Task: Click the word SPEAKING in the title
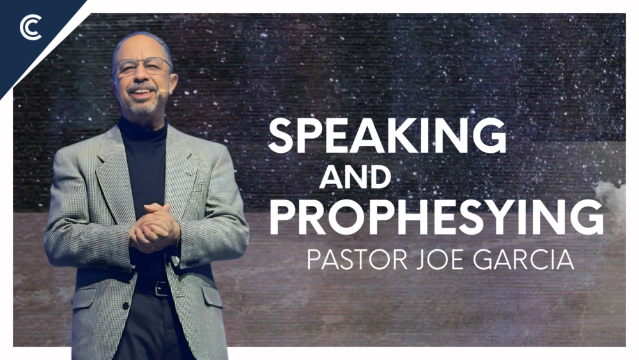coord(387,136)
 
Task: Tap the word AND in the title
coord(355,176)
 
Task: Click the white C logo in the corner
coord(30,29)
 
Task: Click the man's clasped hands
coord(153,227)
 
